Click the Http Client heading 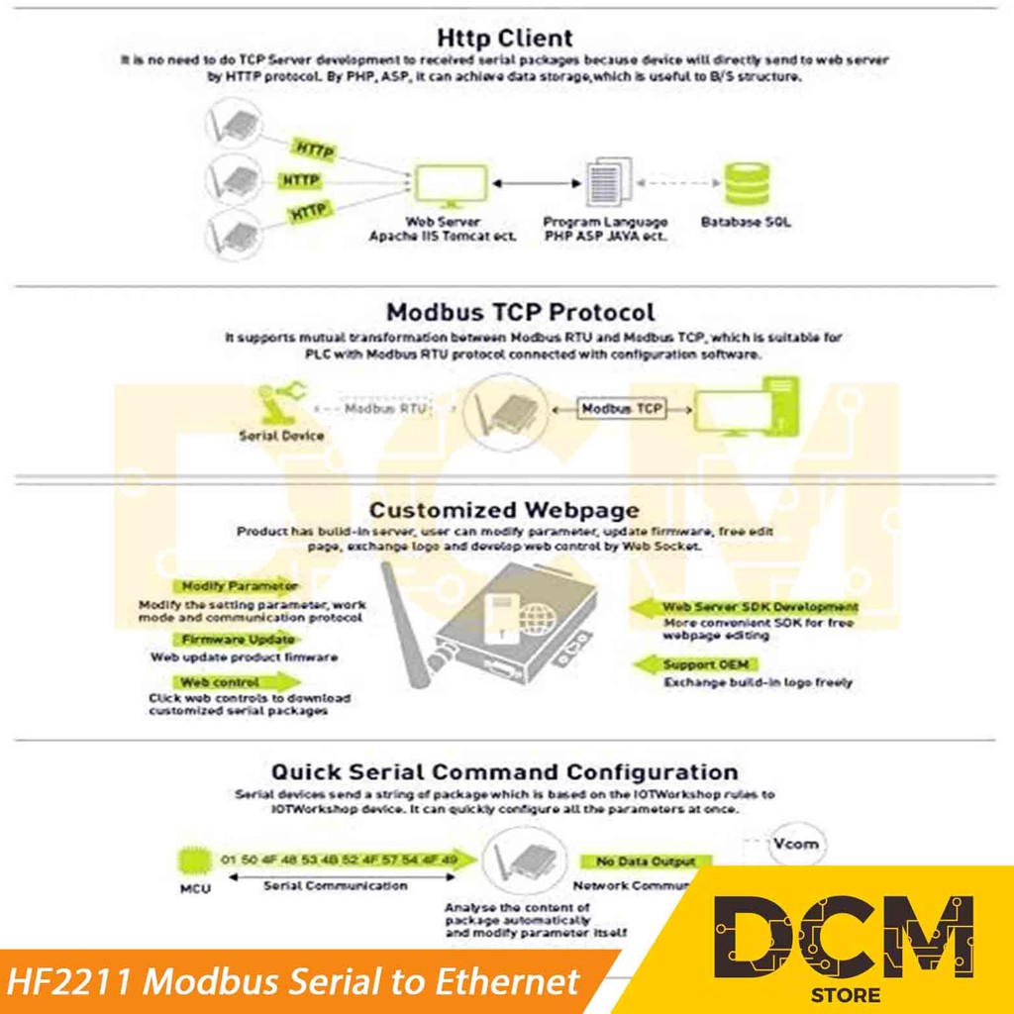point(505,39)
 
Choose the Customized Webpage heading point(504,510)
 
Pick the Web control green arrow point(239,682)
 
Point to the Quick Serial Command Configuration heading point(504,771)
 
